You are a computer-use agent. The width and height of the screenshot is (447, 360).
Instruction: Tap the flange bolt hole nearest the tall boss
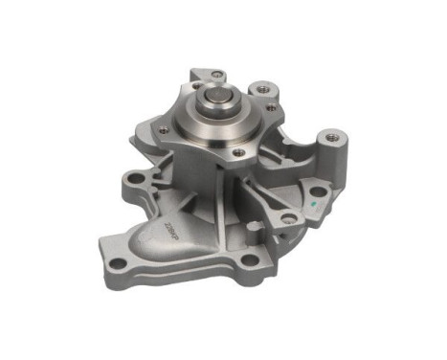[273, 107]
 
